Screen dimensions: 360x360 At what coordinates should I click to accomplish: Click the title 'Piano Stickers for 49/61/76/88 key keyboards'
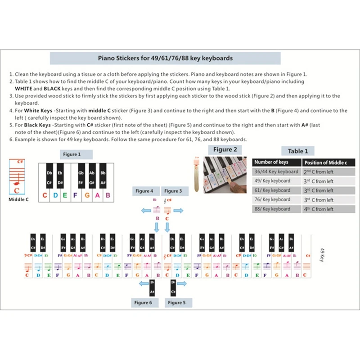click(165, 58)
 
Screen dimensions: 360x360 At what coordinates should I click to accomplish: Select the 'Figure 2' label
click(225, 150)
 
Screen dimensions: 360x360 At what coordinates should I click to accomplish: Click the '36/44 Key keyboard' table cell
click(276, 172)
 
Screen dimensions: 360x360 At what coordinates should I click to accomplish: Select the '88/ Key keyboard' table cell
click(273, 209)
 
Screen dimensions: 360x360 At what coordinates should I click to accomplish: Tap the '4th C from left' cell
click(318, 209)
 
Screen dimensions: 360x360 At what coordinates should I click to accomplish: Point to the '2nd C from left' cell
click(318, 172)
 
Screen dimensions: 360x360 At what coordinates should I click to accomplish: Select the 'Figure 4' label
click(144, 191)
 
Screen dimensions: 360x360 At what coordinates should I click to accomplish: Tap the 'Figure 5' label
click(177, 303)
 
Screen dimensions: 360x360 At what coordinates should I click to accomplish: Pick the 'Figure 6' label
click(143, 303)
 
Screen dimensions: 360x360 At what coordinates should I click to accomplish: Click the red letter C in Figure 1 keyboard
click(45, 196)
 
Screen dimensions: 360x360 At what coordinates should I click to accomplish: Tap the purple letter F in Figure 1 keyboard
click(75, 196)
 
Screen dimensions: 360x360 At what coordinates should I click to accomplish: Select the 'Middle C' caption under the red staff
click(18, 199)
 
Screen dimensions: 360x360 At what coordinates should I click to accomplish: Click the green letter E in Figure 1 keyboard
click(65, 196)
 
